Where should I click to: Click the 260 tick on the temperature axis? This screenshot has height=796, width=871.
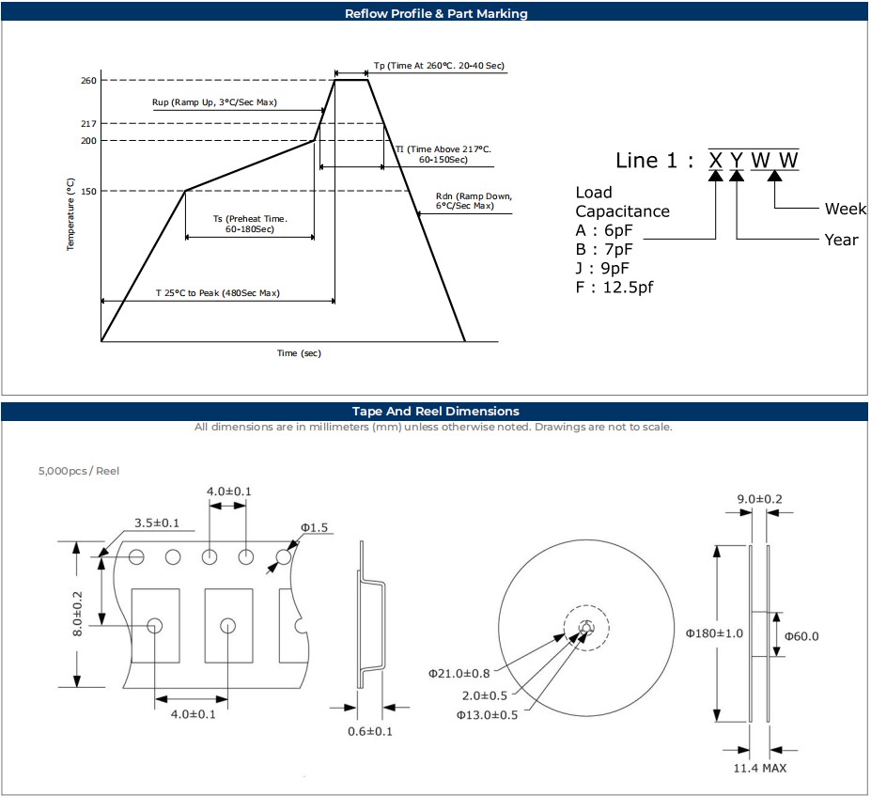click(x=88, y=81)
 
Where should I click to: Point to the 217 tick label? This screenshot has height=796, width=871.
click(x=88, y=124)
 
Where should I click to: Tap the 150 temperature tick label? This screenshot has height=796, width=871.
click(x=88, y=192)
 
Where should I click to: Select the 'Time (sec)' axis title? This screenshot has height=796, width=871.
click(x=299, y=353)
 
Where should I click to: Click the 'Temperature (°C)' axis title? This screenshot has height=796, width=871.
click(x=70, y=214)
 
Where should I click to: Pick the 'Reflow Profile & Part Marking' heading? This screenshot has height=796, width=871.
click(x=436, y=13)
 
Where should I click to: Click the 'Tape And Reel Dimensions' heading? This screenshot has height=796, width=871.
click(x=435, y=412)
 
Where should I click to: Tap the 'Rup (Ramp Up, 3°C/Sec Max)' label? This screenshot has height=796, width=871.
click(x=214, y=102)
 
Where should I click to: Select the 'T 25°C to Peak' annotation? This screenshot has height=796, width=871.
click(x=217, y=293)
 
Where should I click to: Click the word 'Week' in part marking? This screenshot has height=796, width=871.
click(x=845, y=209)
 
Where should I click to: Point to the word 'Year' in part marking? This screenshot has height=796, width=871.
click(x=841, y=240)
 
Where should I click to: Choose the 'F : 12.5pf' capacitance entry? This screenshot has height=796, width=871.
click(x=614, y=288)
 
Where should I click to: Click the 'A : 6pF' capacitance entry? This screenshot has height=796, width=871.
click(x=603, y=231)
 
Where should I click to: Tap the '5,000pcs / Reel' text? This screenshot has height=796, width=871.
click(x=79, y=471)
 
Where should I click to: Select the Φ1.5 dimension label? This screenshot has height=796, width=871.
click(x=314, y=527)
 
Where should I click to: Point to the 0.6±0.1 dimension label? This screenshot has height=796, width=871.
click(x=369, y=731)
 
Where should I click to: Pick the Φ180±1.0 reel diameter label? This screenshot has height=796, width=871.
click(x=714, y=632)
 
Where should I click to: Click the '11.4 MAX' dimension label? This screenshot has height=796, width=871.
click(x=760, y=768)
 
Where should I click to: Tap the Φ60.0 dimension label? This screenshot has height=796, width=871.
click(x=801, y=636)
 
